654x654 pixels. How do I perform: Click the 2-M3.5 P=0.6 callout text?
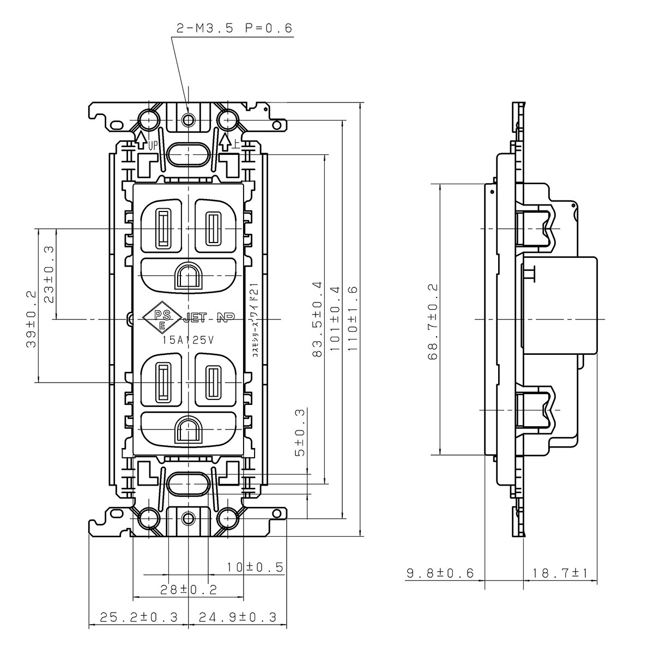[234, 28]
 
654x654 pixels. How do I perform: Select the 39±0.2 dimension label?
[31, 319]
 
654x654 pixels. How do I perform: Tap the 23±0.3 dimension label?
[49, 275]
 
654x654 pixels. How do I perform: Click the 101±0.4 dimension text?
[335, 319]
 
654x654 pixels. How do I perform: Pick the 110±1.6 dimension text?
[353, 319]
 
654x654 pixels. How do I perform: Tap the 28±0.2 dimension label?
[189, 590]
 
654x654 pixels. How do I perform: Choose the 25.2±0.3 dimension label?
[139, 617]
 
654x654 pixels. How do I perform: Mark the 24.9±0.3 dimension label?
[238, 617]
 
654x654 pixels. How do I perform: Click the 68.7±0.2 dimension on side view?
[433, 322]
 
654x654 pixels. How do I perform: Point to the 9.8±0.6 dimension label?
[440, 573]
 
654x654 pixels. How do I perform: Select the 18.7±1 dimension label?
[560, 573]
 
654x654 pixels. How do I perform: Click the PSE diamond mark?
[162, 316]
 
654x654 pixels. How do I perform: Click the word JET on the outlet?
[195, 318]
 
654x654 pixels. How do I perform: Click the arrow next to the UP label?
[141, 141]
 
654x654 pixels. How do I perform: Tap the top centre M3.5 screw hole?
[188, 119]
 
